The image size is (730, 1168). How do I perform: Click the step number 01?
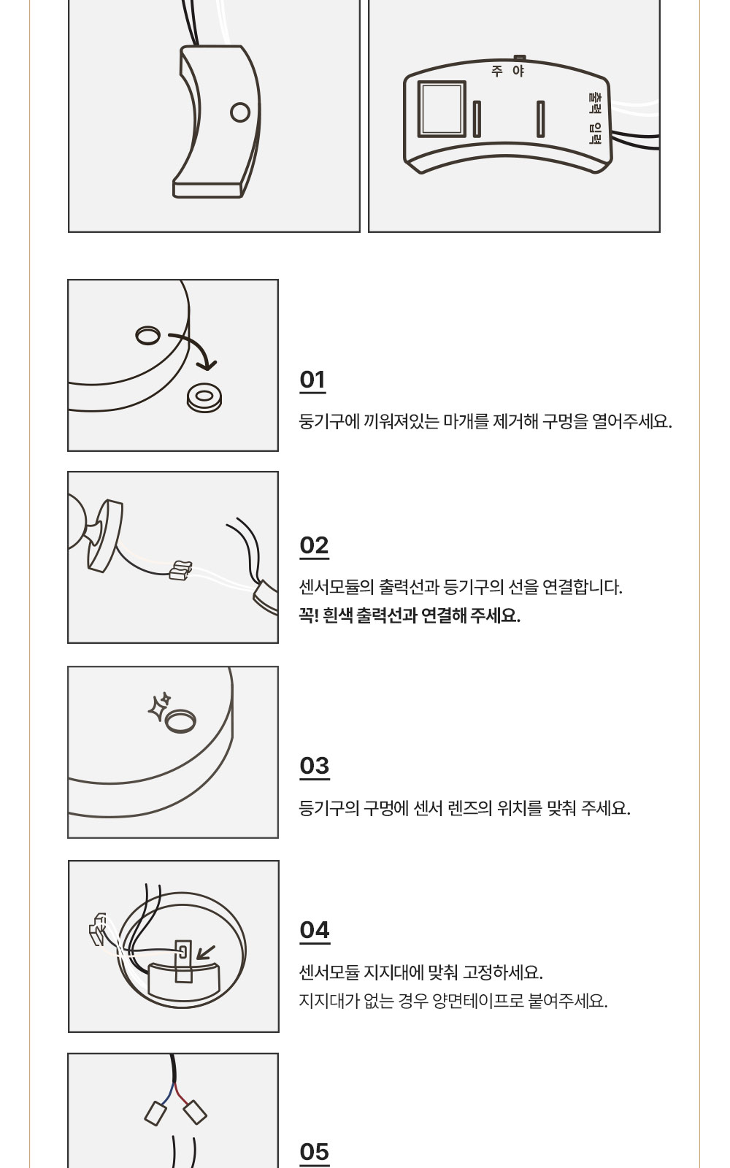click(312, 380)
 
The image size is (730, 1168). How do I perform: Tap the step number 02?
click(314, 545)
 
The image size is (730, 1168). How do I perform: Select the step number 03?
click(315, 766)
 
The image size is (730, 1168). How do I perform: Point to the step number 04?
click(315, 930)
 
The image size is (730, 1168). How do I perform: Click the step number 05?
click(315, 1153)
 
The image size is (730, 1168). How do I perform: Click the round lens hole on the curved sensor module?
click(240, 112)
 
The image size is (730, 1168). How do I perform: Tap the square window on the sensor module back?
click(442, 109)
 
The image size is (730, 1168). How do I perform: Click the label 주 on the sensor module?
click(497, 71)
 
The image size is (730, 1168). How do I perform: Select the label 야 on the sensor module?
click(518, 71)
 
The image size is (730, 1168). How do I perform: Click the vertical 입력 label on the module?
click(595, 133)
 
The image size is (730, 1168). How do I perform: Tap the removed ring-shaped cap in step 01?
click(204, 399)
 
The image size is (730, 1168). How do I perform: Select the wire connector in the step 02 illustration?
click(181, 570)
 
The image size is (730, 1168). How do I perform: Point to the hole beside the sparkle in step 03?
click(180, 721)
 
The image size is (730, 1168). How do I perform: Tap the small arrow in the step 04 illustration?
click(205, 953)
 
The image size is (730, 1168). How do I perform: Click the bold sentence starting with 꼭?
click(410, 616)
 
